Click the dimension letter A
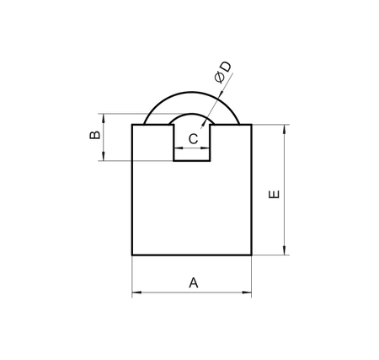click(194, 282)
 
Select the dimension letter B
click(94, 135)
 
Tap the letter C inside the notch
click(193, 139)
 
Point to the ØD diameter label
click(223, 72)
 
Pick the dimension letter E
click(274, 195)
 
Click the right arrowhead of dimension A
click(247, 293)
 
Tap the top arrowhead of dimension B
click(104, 118)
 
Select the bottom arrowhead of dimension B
click(104, 156)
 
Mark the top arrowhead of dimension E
click(285, 129)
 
